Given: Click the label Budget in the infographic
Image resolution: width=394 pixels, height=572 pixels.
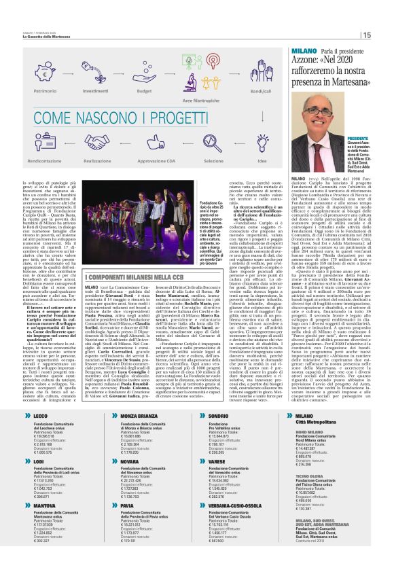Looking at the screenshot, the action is (143, 90).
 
